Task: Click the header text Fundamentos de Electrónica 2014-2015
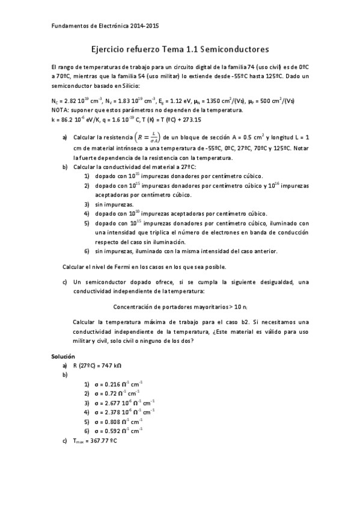click(106, 26)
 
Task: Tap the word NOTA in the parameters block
click(61, 110)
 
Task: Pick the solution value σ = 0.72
click(117, 393)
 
